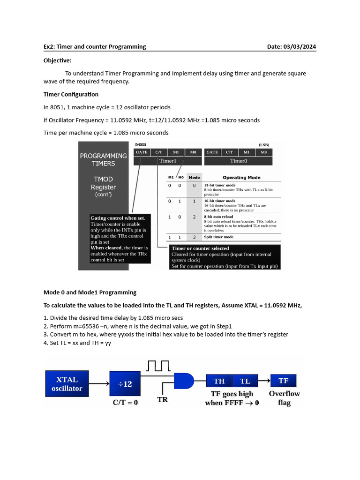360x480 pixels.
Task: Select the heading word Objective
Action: [58, 60]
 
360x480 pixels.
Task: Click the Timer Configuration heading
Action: [71, 94]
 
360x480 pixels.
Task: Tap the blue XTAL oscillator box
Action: [67, 384]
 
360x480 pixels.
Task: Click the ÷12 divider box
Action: [125, 384]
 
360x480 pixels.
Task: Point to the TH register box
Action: [219, 381]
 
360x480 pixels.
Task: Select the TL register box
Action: [245, 381]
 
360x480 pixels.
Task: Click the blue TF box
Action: [284, 381]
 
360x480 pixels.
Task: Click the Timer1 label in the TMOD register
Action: [168, 161]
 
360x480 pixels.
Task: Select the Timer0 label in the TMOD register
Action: [238, 161]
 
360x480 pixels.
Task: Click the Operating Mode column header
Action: [241, 178]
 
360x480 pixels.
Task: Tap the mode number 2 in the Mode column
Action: [194, 217]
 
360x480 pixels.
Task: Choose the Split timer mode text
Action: [218, 237]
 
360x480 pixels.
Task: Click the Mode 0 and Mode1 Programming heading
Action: [90, 292]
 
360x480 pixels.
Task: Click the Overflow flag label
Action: [284, 398]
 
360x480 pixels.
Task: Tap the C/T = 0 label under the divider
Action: [125, 402]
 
